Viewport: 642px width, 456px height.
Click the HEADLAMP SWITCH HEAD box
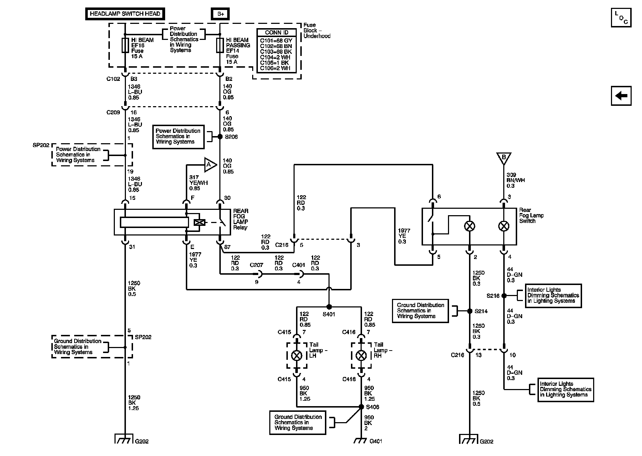pos(125,14)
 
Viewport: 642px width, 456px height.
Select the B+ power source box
pos(220,14)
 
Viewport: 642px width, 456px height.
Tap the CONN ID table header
pos(276,32)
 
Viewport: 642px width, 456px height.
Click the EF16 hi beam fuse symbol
pos(125,45)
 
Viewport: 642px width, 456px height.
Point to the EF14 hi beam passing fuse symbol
pos(220,45)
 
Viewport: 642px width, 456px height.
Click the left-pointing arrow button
pos(621,95)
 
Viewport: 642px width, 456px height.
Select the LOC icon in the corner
pos(621,17)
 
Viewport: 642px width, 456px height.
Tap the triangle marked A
pos(210,165)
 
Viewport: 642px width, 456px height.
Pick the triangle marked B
pos(504,158)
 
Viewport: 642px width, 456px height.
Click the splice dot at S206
pos(220,136)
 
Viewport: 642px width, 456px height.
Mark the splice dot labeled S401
pos(329,306)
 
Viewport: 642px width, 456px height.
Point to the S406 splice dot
pos(361,406)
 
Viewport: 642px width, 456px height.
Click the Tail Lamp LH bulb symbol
pos(297,355)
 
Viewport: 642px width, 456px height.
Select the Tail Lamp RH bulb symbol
pos(361,355)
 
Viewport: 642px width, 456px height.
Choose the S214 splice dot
pos(470,311)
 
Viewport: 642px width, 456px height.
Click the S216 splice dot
pos(504,296)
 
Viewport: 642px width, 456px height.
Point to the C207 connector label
pos(256,265)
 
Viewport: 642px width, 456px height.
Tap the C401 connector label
pos(299,265)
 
